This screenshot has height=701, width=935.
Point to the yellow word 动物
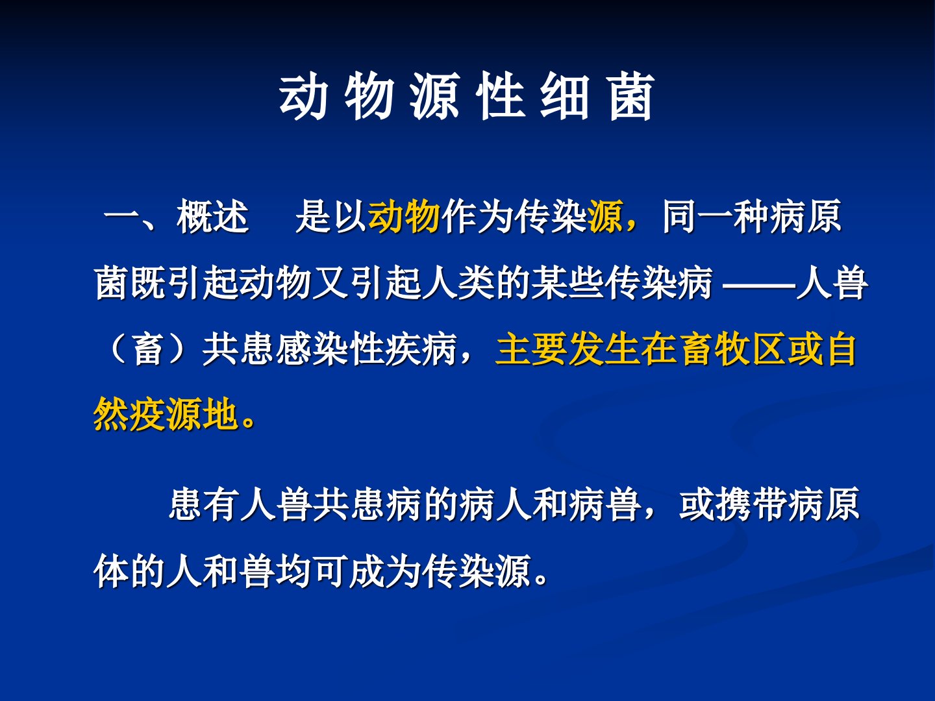pos(404,217)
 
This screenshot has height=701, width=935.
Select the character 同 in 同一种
pos(680,217)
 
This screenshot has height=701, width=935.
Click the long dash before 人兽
pos(758,284)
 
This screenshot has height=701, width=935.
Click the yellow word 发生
pos(604,349)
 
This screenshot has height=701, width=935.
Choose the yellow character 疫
pos(147,414)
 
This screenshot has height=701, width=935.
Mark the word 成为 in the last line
pos(385,571)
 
